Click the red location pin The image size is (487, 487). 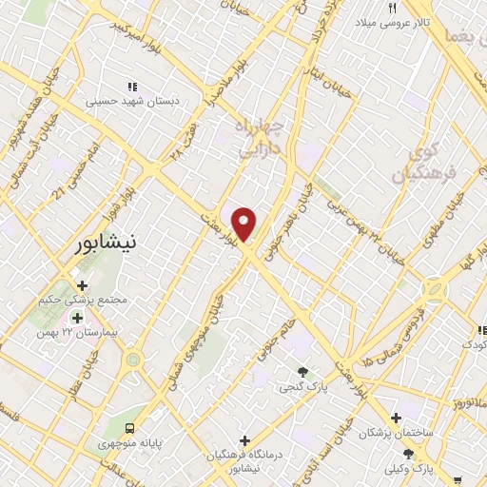pos(245,224)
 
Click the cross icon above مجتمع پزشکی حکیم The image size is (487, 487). pos(83,284)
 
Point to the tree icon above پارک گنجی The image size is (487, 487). pos(302,372)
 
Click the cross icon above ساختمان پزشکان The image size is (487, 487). pos(397,418)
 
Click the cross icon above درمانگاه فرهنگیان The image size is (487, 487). pos(247,440)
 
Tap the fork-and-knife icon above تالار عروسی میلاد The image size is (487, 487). pos(392,8)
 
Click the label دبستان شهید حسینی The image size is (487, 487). pos(127,99)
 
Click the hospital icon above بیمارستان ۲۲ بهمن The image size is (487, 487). pos(77,318)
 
